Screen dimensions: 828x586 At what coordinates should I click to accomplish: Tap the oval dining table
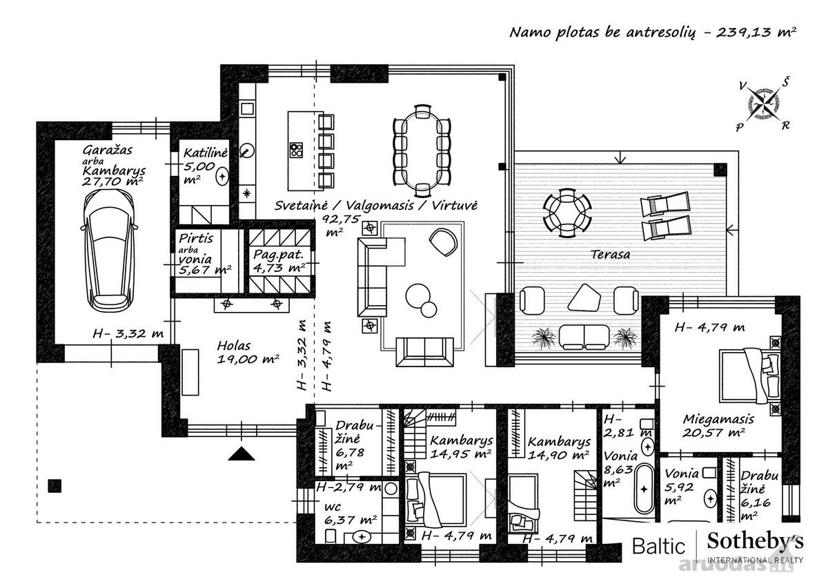point(422,151)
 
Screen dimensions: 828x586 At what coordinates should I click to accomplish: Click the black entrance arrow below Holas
point(241,453)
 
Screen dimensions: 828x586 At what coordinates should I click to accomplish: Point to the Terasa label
point(610,255)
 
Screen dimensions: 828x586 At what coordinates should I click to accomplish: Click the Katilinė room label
point(206,153)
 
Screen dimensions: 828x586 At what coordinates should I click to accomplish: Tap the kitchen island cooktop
point(297,150)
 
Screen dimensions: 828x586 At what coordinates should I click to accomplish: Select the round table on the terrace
point(566,213)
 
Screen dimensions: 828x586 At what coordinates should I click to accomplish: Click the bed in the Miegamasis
point(749,376)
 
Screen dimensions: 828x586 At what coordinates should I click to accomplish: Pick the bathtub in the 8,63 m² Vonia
point(644,489)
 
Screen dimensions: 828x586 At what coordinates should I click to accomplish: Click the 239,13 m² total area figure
point(756,32)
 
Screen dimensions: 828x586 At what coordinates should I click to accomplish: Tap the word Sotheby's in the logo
point(755,542)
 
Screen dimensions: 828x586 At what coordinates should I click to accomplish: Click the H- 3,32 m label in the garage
point(128,333)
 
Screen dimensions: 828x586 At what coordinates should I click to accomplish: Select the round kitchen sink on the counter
point(246,151)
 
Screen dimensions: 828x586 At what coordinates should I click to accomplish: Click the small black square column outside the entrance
point(55,485)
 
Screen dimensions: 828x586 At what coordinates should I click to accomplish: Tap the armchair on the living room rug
point(444,242)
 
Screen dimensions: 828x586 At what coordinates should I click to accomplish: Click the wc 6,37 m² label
point(350,514)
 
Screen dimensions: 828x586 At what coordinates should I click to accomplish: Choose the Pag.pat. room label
point(278,255)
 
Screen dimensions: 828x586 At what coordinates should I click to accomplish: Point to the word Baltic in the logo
point(659,546)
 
